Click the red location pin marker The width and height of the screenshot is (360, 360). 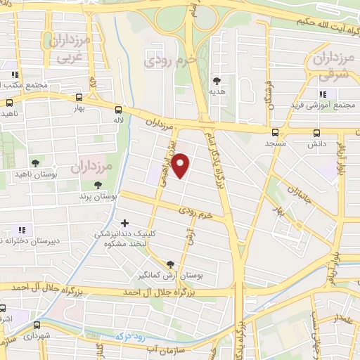(x=181, y=165)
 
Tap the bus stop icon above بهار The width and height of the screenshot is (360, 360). (x=79, y=98)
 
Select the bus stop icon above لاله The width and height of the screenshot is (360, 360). (x=117, y=110)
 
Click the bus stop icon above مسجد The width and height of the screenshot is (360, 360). (x=274, y=131)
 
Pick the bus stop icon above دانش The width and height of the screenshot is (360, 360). (x=316, y=131)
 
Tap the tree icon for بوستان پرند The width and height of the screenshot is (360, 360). (x=96, y=186)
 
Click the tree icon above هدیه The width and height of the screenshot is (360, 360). (x=217, y=81)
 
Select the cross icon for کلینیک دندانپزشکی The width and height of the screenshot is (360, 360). (x=125, y=223)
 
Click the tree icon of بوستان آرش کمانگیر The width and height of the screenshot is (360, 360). (x=169, y=264)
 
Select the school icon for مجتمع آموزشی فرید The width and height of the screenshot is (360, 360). (x=323, y=94)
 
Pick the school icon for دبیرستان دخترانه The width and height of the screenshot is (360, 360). (x=20, y=229)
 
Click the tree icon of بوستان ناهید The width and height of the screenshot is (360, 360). (x=34, y=162)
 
